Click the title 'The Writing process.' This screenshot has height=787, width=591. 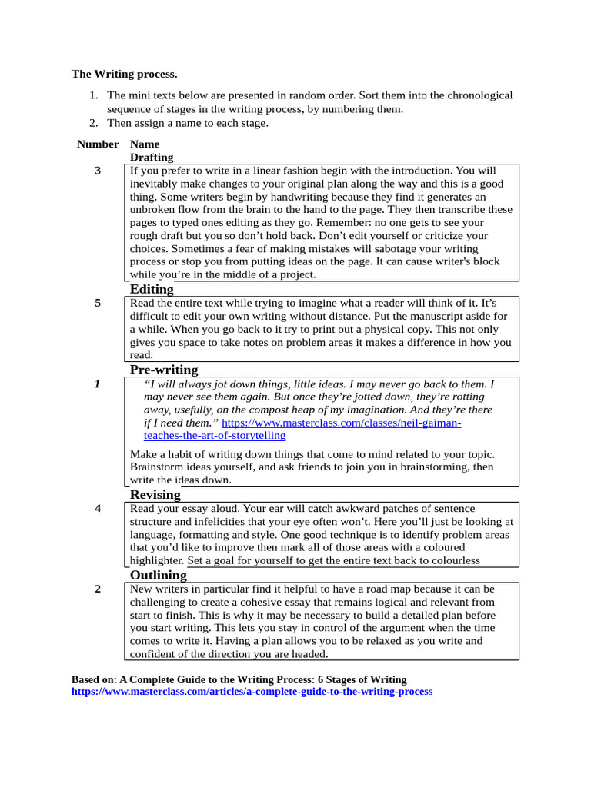point(124,75)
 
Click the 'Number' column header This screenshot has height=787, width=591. point(98,144)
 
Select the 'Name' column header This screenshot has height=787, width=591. point(145,144)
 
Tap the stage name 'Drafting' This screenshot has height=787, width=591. point(152,157)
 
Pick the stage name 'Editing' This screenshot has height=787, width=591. point(152,289)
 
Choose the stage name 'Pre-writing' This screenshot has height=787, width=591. point(164,370)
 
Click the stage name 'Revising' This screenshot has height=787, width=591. point(155,494)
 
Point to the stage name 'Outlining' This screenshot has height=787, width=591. point(159,575)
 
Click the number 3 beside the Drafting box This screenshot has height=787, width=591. point(98,171)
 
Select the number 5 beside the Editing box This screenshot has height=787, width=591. point(98,303)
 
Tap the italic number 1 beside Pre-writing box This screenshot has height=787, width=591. point(98,384)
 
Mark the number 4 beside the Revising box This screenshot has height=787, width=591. point(98,508)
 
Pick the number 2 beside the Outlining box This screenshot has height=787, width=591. point(98,589)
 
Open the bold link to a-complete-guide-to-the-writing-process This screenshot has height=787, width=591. point(252,692)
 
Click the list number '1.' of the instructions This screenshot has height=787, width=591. point(93,95)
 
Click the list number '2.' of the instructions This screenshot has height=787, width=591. point(93,123)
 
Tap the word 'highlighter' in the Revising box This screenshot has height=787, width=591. point(157,561)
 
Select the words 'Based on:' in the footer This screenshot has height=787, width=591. point(94,679)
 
